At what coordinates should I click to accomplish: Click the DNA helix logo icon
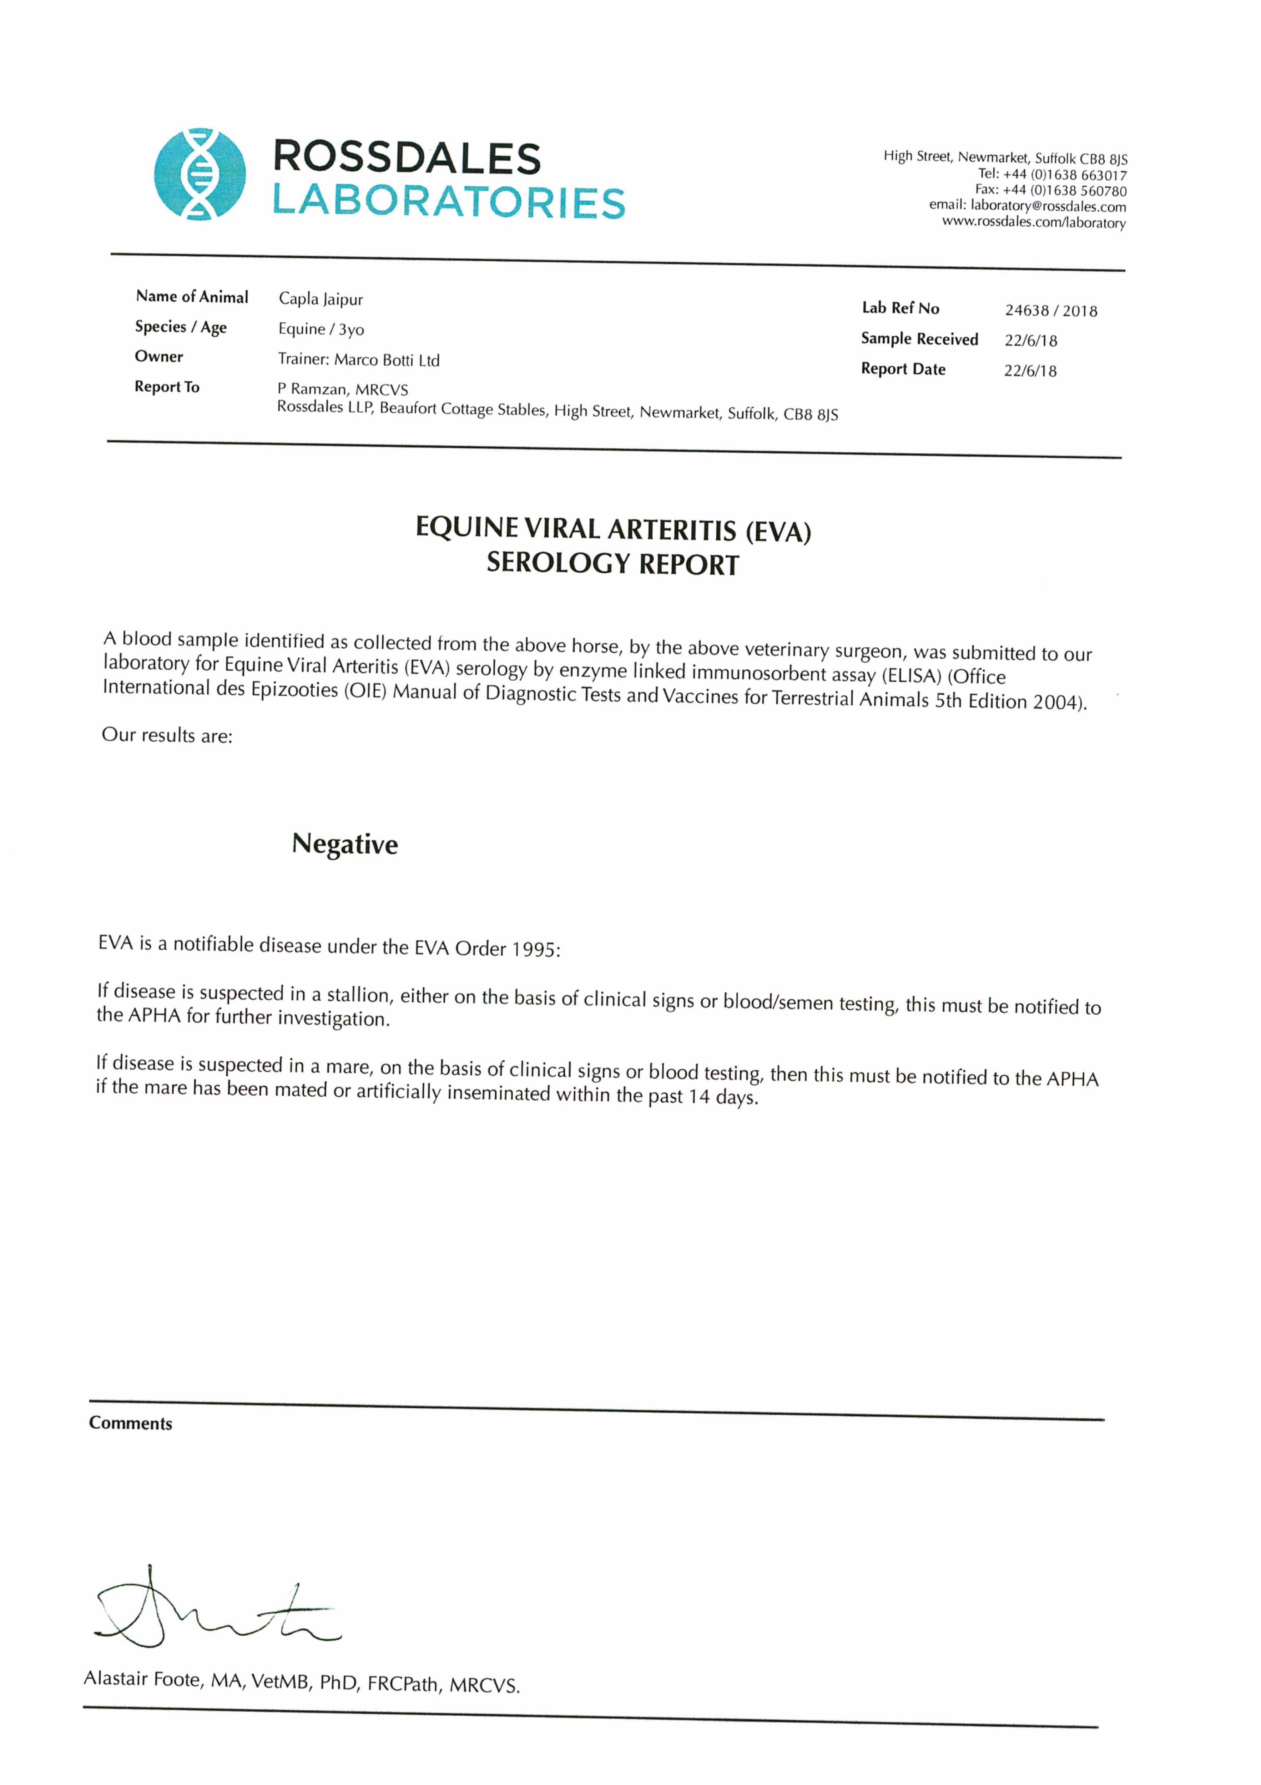click(x=200, y=174)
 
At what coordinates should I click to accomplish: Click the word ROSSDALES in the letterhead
click(x=407, y=159)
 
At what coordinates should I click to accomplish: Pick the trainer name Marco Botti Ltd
click(x=387, y=360)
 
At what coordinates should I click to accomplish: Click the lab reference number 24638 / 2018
click(x=1050, y=311)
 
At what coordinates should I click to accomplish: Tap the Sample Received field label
click(x=919, y=339)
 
